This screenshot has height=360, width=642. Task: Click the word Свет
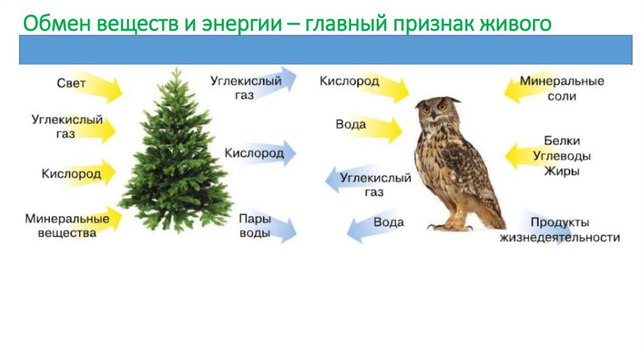pyautogui.click(x=70, y=83)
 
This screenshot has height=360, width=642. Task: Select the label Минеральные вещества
pyautogui.click(x=66, y=226)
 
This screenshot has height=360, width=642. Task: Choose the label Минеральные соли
pyautogui.click(x=562, y=89)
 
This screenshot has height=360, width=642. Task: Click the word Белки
pyautogui.click(x=562, y=141)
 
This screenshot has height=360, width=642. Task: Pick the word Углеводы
pyautogui.click(x=562, y=156)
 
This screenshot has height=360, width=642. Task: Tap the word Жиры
pyautogui.click(x=562, y=171)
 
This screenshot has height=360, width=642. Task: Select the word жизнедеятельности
pyautogui.click(x=559, y=238)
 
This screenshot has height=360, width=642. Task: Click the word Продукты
pyautogui.click(x=560, y=223)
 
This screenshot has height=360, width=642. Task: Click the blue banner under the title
pyautogui.click(x=325, y=50)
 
